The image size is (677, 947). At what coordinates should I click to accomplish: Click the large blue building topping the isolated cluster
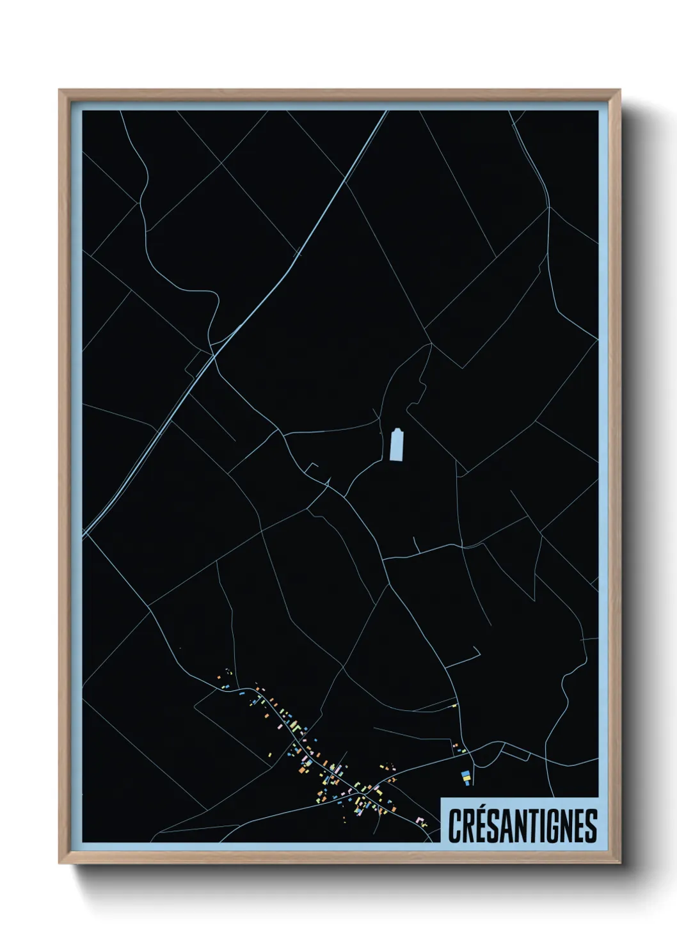[466, 774]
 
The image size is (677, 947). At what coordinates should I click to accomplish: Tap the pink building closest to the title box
[419, 820]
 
